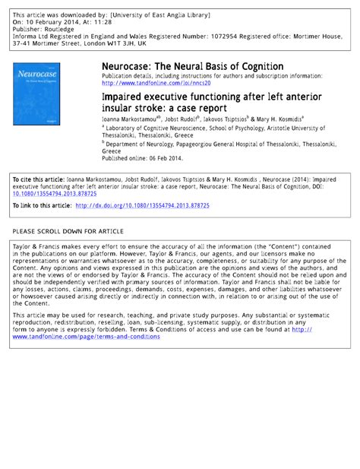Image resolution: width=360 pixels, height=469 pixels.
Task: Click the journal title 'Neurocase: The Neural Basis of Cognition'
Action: [192, 67]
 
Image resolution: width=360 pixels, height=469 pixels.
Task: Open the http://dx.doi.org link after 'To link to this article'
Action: [156, 206]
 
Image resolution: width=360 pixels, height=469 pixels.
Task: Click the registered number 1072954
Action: [218, 36]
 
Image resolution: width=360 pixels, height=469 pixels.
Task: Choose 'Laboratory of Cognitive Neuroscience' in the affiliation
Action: [157, 129]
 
